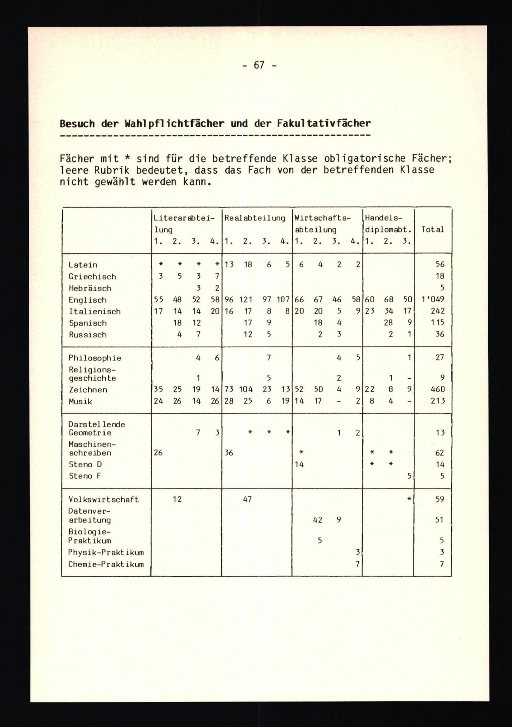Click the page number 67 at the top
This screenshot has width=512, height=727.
coord(259,65)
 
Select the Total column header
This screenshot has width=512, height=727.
coord(432,229)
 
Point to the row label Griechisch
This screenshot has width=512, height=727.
coord(92,277)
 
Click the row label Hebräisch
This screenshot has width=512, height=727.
coord(90,288)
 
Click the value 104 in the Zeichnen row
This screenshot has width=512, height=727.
coord(246,389)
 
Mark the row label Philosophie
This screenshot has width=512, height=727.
coord(95,358)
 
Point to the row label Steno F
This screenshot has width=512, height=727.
coord(84,476)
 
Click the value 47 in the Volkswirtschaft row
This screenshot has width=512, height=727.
coord(247,499)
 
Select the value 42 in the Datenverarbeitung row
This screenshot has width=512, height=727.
coord(317,520)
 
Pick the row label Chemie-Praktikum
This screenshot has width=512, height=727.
coord(106,564)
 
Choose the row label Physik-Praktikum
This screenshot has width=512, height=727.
coord(106,553)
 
